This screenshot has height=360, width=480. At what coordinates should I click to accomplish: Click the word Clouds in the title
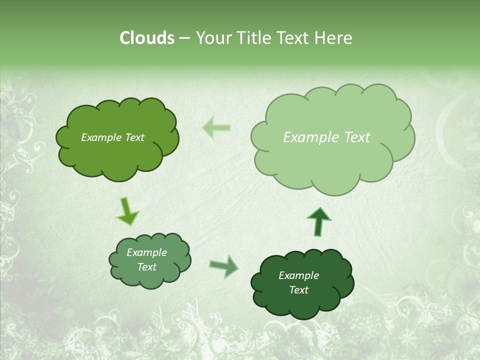[146, 38]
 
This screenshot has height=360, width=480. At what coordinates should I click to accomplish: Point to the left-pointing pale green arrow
[216, 128]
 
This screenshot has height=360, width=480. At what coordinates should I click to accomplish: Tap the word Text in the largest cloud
[357, 137]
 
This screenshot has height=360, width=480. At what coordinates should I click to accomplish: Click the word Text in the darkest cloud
[298, 290]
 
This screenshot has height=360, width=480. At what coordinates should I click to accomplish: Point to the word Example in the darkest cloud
[298, 275]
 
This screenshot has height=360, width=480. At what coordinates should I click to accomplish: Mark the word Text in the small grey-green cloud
[146, 267]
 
